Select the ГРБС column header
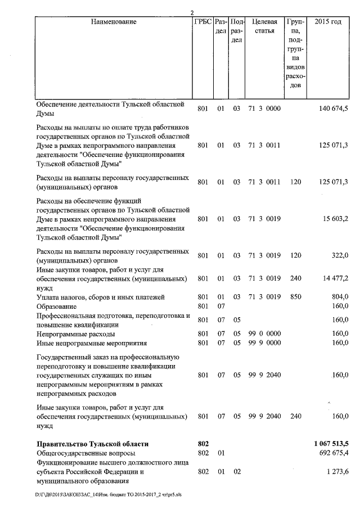[202, 21]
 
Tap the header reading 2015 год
[328, 21]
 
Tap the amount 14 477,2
[333, 278]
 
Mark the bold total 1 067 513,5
[331, 443]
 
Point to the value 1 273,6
[336, 471]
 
